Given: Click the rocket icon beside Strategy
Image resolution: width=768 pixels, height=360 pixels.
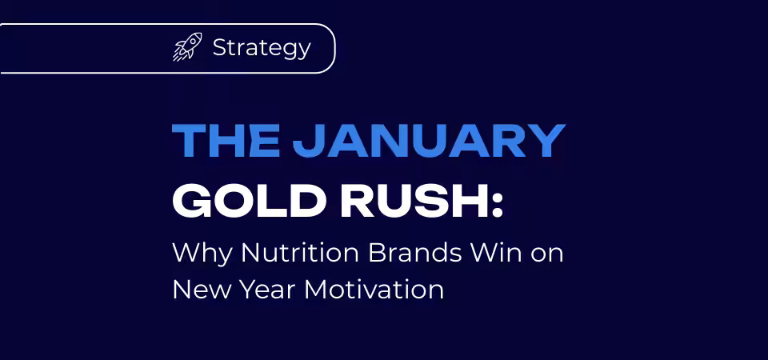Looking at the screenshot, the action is click(x=187, y=47).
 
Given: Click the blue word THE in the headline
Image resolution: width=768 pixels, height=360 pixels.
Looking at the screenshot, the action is click(x=226, y=141).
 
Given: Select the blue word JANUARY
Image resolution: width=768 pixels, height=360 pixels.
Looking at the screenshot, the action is click(x=429, y=141).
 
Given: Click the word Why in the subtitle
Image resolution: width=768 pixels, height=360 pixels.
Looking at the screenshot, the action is click(x=202, y=254).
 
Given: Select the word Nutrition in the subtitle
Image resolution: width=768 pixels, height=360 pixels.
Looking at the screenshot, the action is click(x=300, y=253).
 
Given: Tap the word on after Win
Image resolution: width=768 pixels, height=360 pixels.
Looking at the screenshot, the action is click(x=547, y=256).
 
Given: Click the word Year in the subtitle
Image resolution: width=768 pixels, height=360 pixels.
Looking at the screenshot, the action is click(x=267, y=290).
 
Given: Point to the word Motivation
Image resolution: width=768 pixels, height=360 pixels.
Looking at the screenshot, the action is click(x=374, y=290).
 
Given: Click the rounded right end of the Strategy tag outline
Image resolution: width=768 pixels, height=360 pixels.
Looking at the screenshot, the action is click(x=334, y=49).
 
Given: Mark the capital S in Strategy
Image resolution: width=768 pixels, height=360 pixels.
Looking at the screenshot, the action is click(x=220, y=47).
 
